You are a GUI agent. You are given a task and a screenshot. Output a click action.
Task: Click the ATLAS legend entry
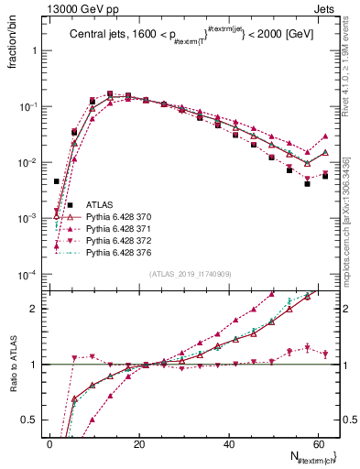(99, 206)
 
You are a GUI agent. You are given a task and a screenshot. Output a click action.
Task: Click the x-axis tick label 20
(139, 444)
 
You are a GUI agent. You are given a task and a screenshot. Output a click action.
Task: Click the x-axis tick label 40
(228, 444)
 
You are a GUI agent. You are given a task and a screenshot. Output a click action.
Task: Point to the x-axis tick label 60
(317, 444)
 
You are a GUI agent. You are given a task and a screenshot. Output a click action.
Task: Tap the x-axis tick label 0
(50, 444)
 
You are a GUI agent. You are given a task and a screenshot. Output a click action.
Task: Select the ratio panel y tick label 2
(34, 308)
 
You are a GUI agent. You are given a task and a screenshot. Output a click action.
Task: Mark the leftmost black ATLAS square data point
(57, 181)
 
